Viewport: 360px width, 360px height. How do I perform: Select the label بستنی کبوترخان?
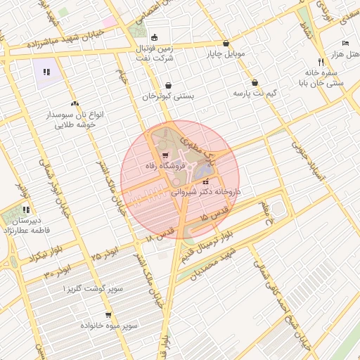point(168,96)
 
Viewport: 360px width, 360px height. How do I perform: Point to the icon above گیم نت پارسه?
point(255,82)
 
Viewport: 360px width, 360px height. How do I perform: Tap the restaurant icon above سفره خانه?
point(321,61)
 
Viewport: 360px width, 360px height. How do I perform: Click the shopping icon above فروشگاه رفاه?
point(165,155)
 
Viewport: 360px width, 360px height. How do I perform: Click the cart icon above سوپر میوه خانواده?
point(108,315)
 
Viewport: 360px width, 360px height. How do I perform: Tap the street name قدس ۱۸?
point(161,236)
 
